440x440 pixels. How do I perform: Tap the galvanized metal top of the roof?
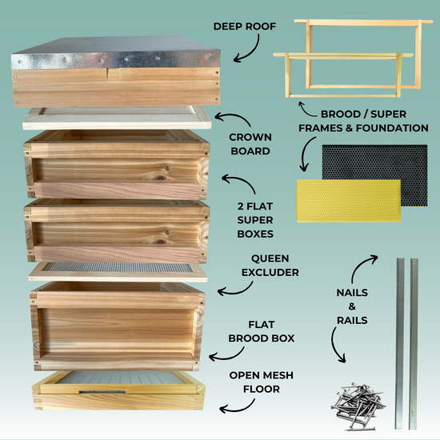(116, 57)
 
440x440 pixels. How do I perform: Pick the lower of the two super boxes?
(116, 228)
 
